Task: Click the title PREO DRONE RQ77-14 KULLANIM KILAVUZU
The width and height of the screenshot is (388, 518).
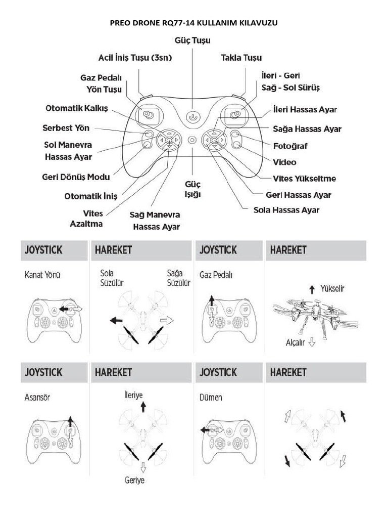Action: pyautogui.click(x=193, y=23)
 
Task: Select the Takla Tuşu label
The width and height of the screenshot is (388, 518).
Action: pyautogui.click(x=241, y=58)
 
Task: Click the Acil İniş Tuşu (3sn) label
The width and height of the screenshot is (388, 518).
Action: pyautogui.click(x=135, y=58)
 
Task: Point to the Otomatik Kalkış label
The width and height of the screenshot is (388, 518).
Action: pyautogui.click(x=77, y=109)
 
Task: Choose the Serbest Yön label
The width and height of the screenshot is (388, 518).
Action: pyautogui.click(x=66, y=128)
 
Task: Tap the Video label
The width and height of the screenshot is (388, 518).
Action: pyautogui.click(x=284, y=162)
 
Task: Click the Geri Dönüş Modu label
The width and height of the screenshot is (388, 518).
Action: pyautogui.click(x=76, y=177)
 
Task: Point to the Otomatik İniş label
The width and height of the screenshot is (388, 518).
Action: pyautogui.click(x=91, y=196)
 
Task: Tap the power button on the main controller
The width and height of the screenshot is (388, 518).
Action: pyautogui.click(x=192, y=116)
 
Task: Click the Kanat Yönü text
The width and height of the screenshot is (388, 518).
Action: pyautogui.click(x=42, y=276)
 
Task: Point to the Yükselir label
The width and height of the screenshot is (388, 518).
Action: pyautogui.click(x=333, y=288)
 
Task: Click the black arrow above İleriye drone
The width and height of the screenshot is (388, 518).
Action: pyautogui.click(x=143, y=406)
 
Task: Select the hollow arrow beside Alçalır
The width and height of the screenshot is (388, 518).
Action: pyautogui.click(x=312, y=342)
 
